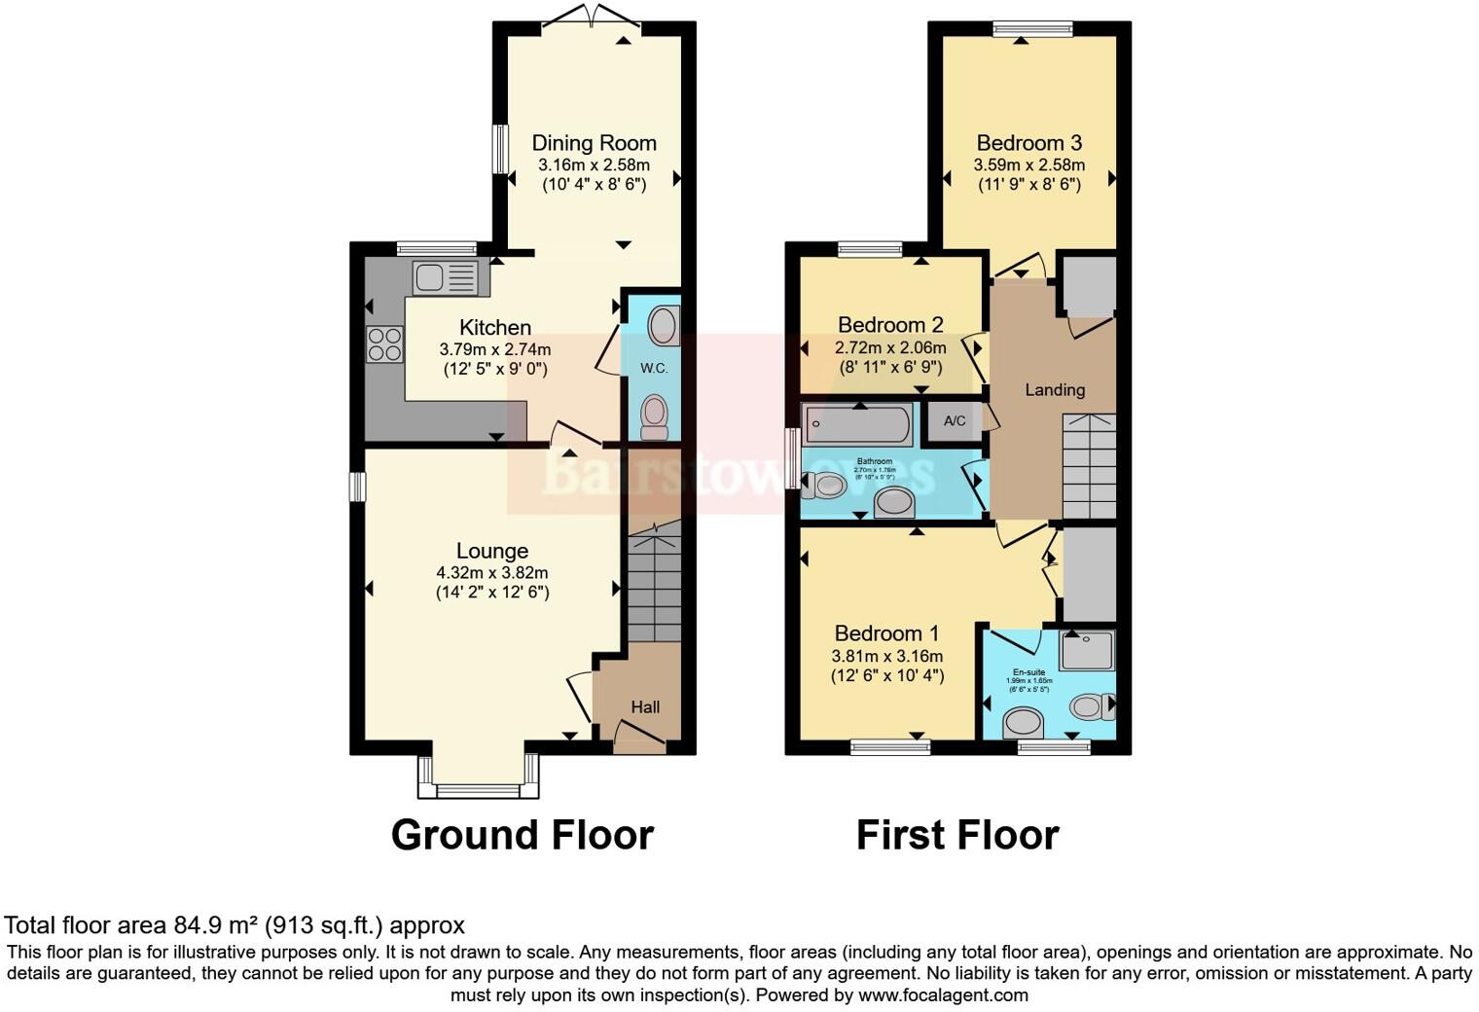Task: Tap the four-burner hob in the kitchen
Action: click(383, 344)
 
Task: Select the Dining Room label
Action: click(594, 143)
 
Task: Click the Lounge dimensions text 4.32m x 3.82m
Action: click(492, 573)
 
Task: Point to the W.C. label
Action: click(653, 368)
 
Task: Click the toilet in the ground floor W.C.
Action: click(655, 416)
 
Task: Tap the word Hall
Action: click(645, 707)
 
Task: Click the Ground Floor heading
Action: click(522, 835)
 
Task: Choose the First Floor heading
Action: click(957, 835)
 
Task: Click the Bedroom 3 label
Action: click(1029, 143)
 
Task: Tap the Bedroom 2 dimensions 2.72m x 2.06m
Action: click(890, 347)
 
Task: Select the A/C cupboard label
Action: click(955, 421)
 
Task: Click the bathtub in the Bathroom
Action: click(857, 425)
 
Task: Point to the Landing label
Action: click(1055, 389)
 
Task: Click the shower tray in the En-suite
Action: click(1087, 650)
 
